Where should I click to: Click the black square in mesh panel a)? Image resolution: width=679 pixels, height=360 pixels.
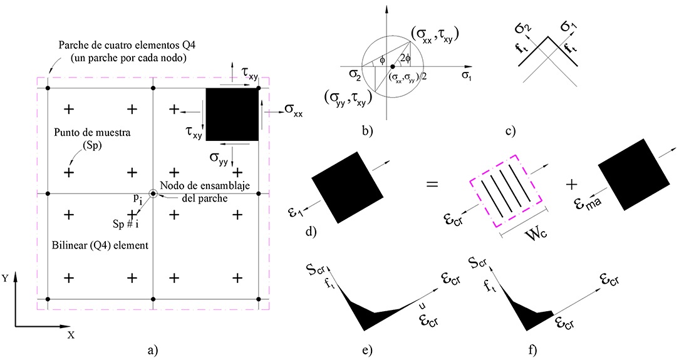point(232,114)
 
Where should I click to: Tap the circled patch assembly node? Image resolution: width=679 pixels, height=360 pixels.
point(153,194)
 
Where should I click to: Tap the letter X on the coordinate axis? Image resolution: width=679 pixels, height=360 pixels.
point(71,335)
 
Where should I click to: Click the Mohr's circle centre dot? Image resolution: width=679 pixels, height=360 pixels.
point(392,66)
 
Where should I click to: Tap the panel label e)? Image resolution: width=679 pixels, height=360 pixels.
point(366,347)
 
